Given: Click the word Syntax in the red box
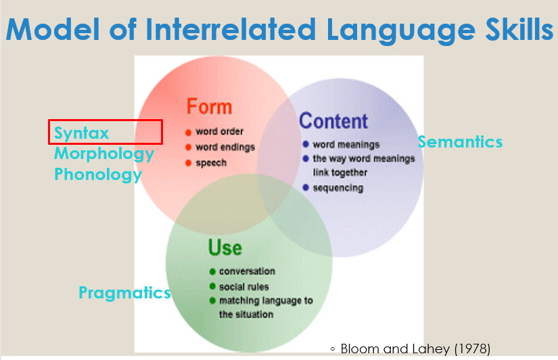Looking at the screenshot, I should coord(81,133).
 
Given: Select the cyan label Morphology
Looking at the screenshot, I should coord(104,154).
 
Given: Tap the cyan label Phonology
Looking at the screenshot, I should coord(98,175).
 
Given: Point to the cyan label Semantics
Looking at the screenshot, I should coord(460,141).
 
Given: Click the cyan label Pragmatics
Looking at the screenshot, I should coord(124,293).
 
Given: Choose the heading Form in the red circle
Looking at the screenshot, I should coord(209,107).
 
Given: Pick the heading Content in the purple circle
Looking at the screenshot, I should coord(333,121).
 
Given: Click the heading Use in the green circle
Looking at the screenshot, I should coord(225,248).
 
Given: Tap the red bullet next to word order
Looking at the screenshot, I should coord(189,132).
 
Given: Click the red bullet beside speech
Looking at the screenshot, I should coord(189,163).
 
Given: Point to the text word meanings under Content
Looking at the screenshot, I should coord(346,144).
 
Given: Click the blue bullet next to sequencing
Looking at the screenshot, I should coord(306,188).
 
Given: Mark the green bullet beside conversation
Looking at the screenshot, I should coord(212,271).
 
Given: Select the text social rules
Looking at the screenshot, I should coord(243,286).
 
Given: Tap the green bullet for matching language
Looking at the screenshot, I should coord(212,300).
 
